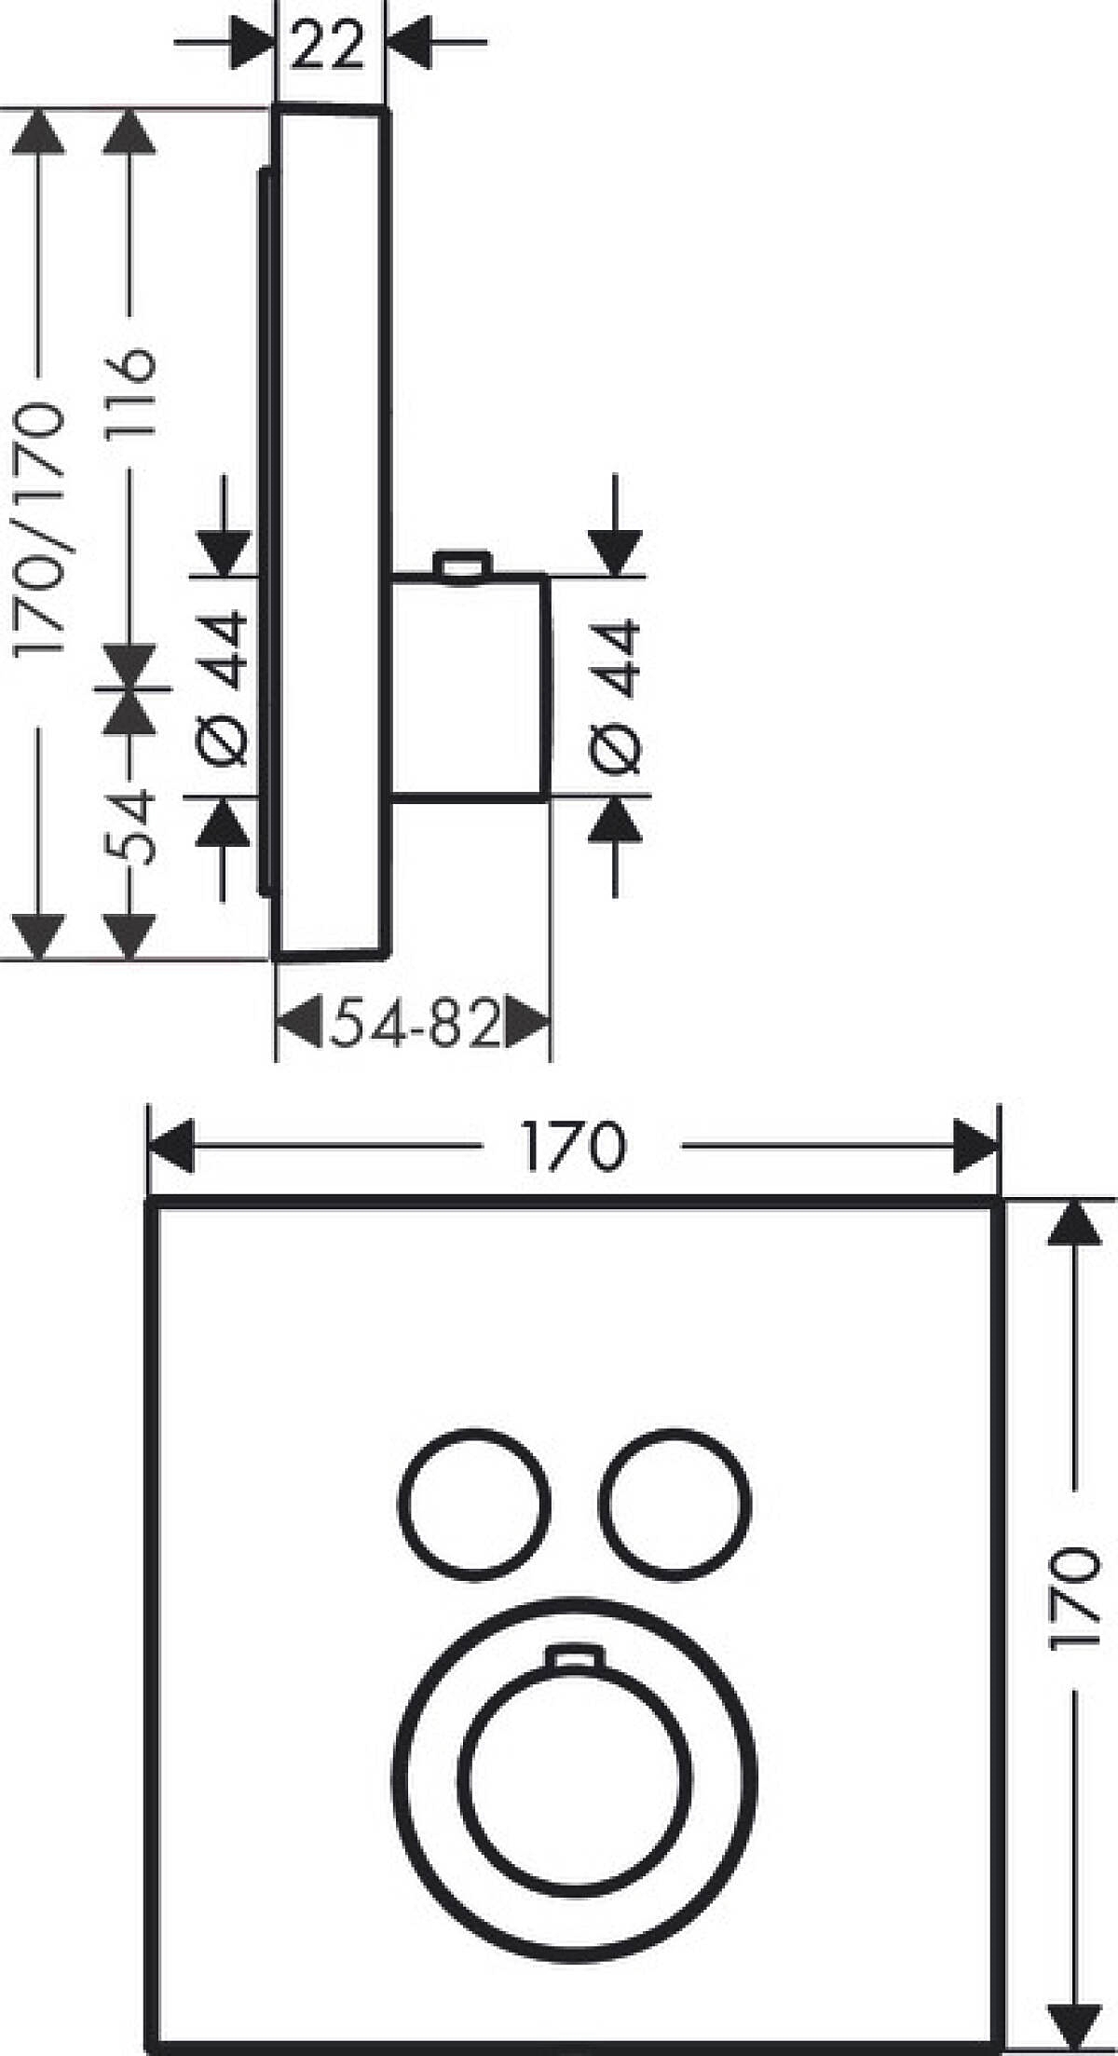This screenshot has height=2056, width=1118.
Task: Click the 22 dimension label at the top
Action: tap(328, 46)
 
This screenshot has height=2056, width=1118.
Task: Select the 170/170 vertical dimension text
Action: tap(40, 528)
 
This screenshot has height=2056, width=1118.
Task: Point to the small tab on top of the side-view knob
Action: tap(460, 565)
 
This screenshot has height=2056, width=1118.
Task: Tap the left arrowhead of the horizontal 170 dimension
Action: tap(172, 1146)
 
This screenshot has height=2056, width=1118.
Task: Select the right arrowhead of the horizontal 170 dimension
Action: tap(975, 1146)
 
